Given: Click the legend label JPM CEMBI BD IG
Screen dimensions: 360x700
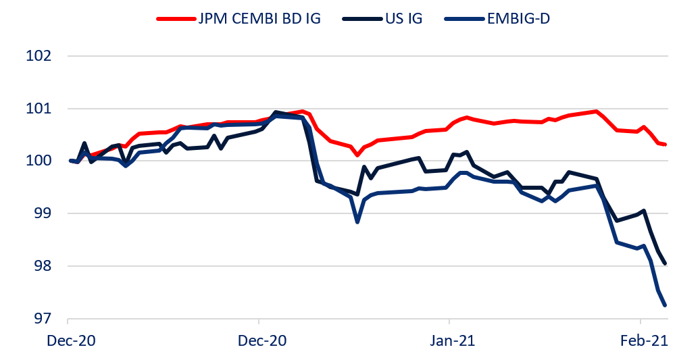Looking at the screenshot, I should tap(259, 18).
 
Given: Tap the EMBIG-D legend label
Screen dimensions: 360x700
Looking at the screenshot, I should tap(517, 18).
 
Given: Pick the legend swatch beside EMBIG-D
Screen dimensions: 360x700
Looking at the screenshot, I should tap(463, 18).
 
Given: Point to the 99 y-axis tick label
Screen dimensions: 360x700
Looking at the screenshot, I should tap(43, 214).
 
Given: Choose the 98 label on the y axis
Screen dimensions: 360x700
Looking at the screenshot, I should tap(43, 267).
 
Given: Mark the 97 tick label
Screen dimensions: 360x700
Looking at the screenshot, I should tap(43, 319).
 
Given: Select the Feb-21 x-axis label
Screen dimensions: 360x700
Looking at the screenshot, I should tap(640, 341).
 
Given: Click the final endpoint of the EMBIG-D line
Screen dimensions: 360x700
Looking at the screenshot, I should tap(666, 305).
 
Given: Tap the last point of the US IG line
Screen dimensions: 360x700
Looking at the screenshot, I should tap(666, 264).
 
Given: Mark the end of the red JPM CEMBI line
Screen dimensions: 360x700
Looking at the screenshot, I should tap(666, 145).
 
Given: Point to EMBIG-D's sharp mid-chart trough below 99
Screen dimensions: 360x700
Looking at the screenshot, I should tap(357, 222).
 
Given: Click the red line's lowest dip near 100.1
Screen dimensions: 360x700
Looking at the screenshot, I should tap(357, 155).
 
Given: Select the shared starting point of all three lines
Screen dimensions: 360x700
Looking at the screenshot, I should tap(71, 161).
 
